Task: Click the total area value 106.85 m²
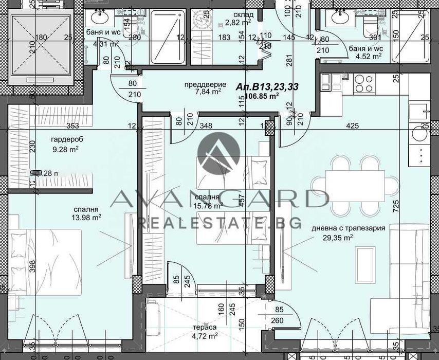tap(262, 95)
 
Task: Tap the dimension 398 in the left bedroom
tap(17, 266)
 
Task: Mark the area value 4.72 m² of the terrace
tap(206, 336)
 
